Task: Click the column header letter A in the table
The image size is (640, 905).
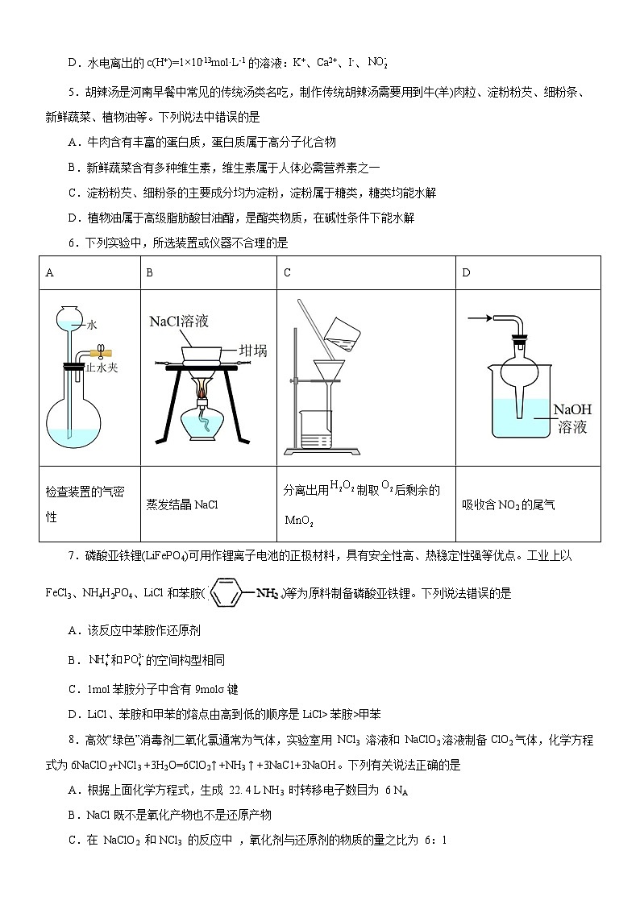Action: [x=50, y=273]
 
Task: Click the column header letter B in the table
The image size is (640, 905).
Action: [x=149, y=273]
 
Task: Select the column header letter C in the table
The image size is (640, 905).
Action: [x=287, y=273]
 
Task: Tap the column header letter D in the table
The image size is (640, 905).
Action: [x=466, y=273]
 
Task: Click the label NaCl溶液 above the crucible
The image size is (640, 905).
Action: [x=179, y=322]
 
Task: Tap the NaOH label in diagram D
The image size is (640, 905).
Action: [x=572, y=410]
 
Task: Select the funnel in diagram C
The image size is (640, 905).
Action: [x=329, y=376]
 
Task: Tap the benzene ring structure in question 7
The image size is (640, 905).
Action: [x=233, y=593]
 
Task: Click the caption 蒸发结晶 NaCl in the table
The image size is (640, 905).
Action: [x=182, y=505]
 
